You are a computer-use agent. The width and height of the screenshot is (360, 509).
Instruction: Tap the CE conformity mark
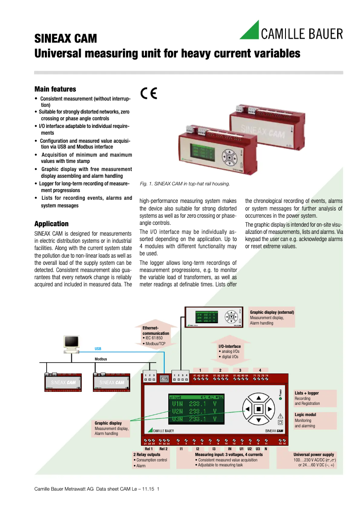(149, 93)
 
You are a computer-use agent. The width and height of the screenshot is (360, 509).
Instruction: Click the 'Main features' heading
(55, 89)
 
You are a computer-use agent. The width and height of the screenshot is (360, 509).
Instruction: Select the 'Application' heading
(52, 224)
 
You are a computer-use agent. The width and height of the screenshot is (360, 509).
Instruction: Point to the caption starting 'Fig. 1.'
(184, 184)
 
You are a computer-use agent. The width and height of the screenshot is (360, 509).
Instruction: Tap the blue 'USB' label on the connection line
(98, 349)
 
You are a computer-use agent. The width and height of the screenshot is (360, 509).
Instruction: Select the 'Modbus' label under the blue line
(101, 359)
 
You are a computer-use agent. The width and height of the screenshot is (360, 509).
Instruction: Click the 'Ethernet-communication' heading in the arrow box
(156, 331)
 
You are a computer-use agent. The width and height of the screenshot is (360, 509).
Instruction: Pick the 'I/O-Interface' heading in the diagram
(229, 346)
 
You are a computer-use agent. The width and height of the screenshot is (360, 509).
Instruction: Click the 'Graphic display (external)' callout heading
(272, 312)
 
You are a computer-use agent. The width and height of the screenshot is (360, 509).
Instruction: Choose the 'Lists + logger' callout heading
(307, 393)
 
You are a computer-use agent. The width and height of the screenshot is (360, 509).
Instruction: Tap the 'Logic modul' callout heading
(305, 415)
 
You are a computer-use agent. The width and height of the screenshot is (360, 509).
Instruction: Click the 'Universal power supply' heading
(314, 454)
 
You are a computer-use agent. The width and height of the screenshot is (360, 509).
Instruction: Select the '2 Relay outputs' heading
(147, 454)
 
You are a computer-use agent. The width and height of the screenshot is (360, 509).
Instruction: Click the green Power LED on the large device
(281, 398)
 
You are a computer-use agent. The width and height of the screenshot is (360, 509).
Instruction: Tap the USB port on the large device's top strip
(164, 378)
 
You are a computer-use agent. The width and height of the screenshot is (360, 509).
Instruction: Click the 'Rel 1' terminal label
(149, 448)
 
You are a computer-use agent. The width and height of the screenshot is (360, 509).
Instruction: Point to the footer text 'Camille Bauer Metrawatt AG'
(64, 488)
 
